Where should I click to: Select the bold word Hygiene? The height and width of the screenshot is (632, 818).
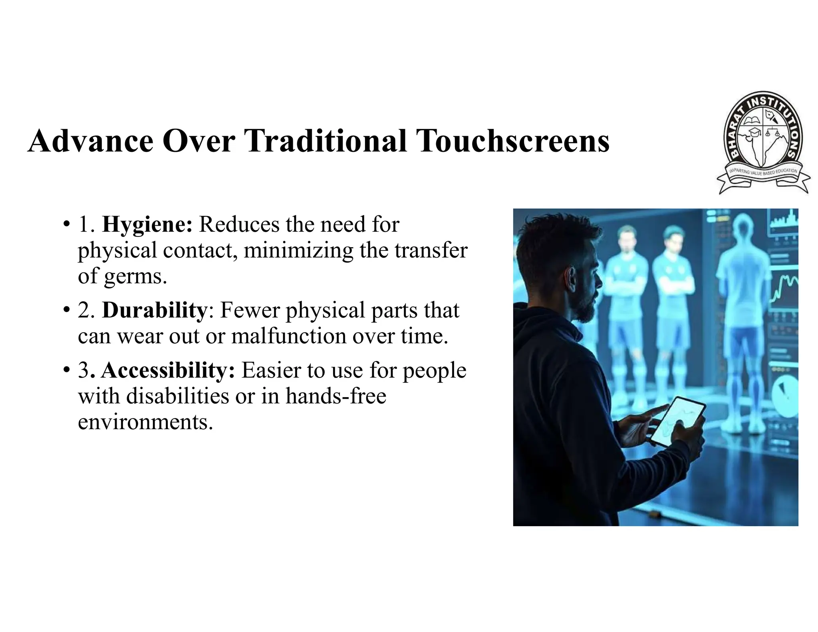[147, 224]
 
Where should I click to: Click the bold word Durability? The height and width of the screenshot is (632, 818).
[155, 310]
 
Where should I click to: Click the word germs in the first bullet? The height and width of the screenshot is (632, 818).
[135, 276]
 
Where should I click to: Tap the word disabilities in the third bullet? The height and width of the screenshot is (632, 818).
[178, 396]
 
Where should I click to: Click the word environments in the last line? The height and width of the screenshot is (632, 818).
[145, 422]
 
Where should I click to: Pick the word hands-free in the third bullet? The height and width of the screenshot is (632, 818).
[336, 396]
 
